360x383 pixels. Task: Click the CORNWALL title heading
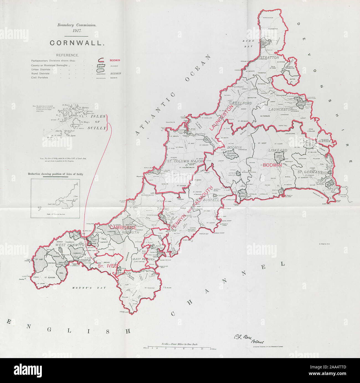[x=76, y=43]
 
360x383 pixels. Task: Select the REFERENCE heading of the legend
[x=67, y=55]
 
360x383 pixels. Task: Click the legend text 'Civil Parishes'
[x=39, y=78]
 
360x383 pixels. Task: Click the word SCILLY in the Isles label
[x=97, y=128]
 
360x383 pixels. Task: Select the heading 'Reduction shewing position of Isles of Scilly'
[x=55, y=174]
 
